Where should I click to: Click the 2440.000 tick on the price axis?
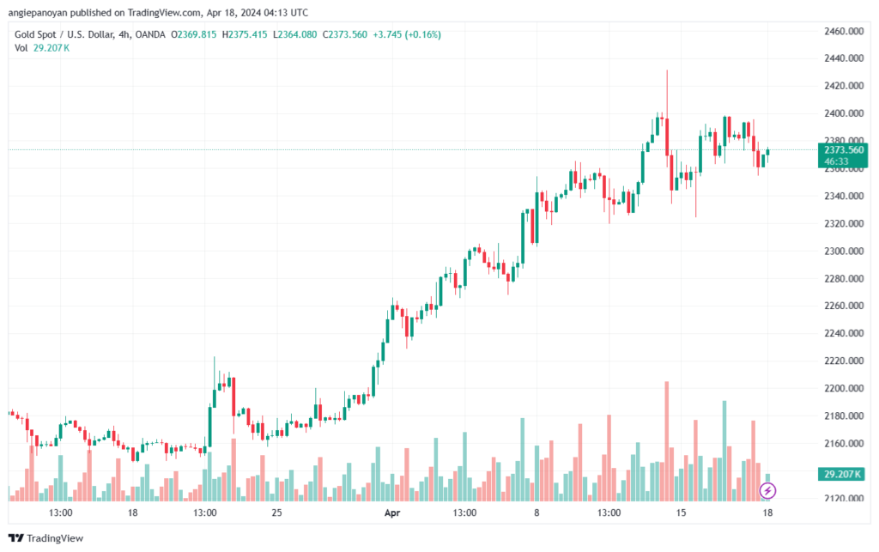844,58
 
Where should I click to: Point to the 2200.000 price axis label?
844,388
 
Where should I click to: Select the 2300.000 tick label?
844,251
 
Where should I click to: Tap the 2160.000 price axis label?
844,443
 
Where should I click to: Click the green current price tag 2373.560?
843,155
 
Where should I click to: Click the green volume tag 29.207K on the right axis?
841,474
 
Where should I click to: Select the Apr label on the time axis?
392,513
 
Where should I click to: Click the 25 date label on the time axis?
276,513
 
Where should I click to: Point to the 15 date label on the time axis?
681,513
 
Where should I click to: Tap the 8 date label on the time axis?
536,513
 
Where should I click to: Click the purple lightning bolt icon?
767,491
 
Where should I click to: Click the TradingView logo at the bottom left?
46,538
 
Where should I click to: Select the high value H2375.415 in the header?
245,34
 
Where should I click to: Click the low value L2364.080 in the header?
295,34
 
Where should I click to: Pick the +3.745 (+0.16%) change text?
407,34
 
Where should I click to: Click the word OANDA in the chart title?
150,34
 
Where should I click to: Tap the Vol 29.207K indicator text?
42,48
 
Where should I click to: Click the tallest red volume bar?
666,441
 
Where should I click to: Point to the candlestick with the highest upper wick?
666,112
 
